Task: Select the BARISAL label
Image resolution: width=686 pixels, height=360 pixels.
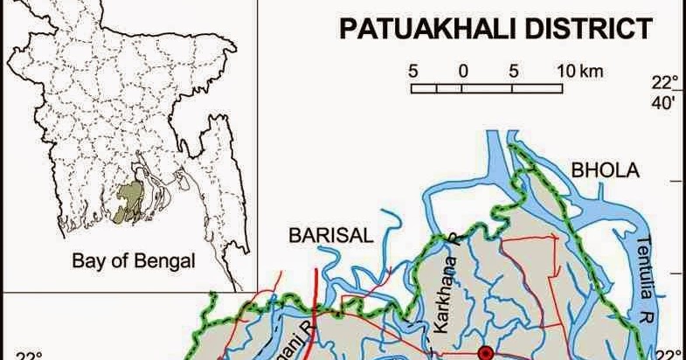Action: coord(331,234)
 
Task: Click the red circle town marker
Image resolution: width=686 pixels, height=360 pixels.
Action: coord(487,354)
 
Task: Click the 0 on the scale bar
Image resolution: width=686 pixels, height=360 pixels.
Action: coord(463,71)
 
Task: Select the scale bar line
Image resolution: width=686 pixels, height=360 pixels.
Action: coord(487,87)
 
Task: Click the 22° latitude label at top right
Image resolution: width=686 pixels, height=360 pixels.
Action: coord(666,84)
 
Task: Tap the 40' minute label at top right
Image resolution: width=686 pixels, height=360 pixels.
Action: coord(666,104)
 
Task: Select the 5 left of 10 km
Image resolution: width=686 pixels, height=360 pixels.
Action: coord(514,71)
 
